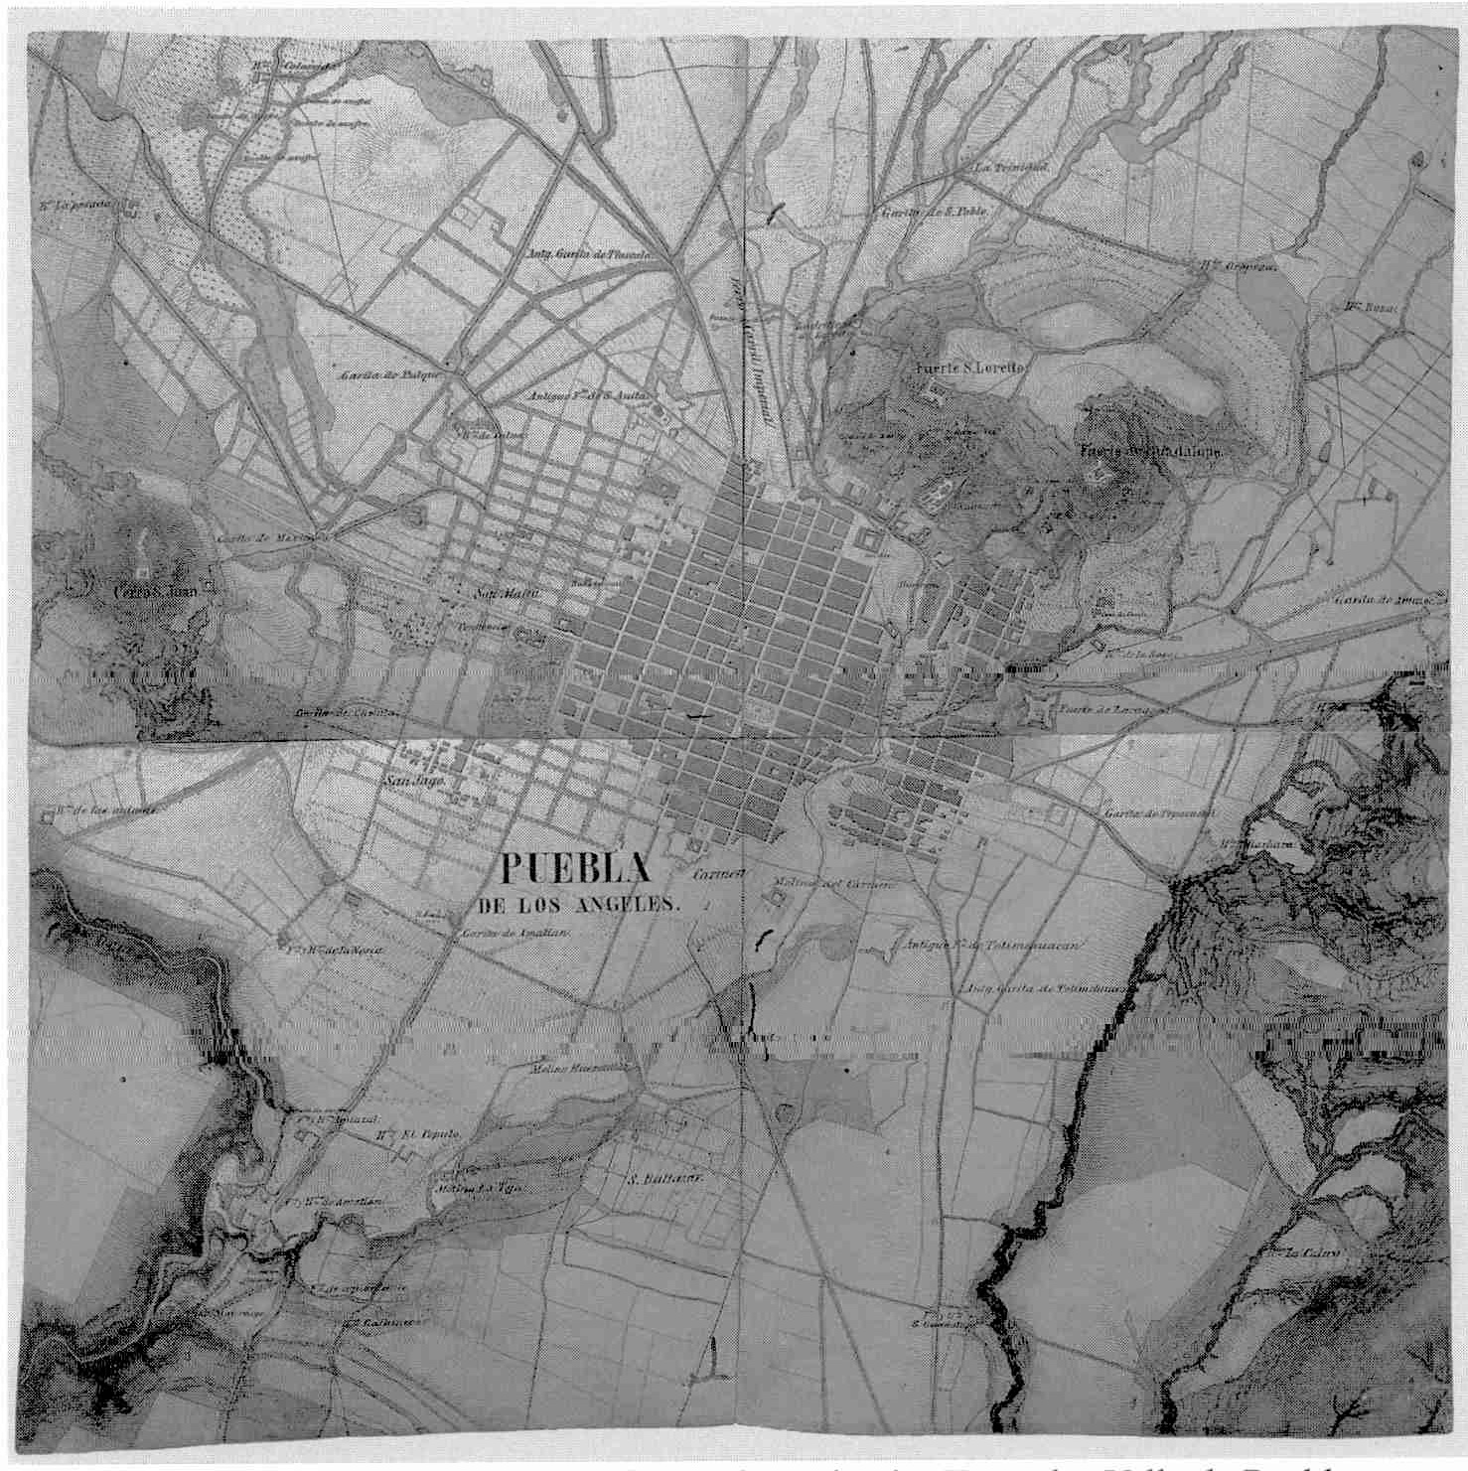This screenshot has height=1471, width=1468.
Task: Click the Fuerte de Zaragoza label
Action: (1103, 710)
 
